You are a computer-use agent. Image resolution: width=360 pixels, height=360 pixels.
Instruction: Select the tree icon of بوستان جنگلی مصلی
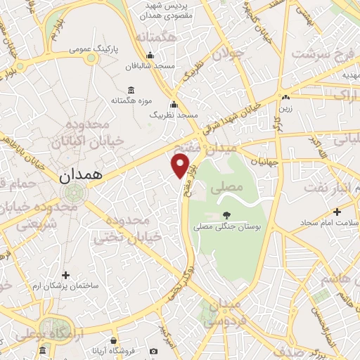click(x=226, y=215)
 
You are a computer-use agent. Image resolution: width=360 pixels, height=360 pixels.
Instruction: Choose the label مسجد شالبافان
click(x=149, y=66)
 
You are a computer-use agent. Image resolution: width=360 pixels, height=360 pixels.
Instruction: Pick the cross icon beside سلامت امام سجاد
click(x=337, y=212)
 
